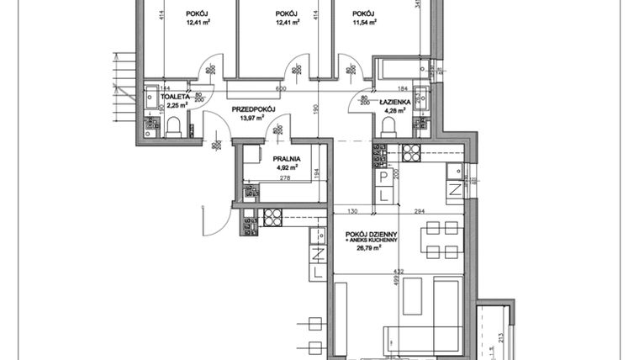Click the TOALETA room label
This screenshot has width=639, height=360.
tap(175, 97)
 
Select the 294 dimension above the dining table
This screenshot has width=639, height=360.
tap(418, 211)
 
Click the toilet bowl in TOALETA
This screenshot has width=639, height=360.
tap(174, 127)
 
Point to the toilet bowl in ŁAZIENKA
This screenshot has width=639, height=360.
tap(390, 126)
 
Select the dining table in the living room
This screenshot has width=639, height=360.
tap(441, 239)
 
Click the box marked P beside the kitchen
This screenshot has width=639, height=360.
tap(383, 177)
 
